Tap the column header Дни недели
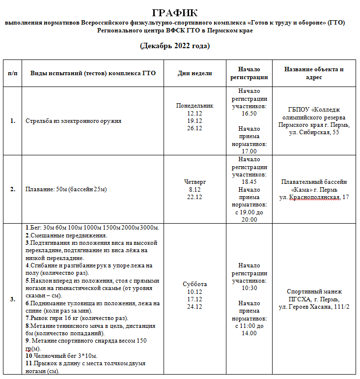195,73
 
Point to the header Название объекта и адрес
314,73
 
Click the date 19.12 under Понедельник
195,121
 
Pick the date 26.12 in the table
195,128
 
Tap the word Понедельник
195,106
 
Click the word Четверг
195,182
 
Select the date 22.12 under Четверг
195,197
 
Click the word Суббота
195,284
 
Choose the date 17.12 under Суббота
195,299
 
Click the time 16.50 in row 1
249,114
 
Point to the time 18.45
249,182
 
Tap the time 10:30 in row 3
249,288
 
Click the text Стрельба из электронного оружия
73,121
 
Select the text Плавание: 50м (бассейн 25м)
66,189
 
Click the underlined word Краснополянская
314,197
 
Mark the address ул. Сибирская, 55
314,132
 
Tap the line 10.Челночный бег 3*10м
61,355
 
